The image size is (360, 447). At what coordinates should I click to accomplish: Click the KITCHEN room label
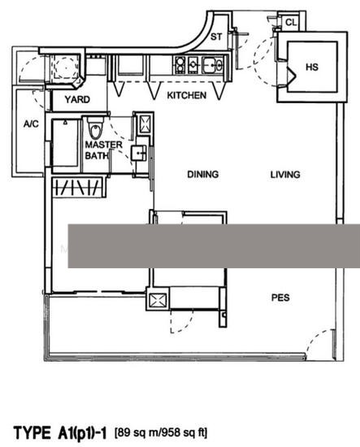coord(186,95)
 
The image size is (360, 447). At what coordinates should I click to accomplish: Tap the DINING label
coord(203,174)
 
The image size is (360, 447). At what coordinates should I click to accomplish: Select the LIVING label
coord(285,175)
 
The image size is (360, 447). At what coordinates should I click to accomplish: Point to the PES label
coord(280,297)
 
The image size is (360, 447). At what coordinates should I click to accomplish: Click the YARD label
coord(77,99)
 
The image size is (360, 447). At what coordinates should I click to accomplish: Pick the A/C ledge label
coord(31,124)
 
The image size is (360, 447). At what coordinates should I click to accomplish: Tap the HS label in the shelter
coord(312,67)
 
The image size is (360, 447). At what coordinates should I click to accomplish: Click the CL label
coord(291,22)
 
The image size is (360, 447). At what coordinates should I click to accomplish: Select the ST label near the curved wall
coord(216,37)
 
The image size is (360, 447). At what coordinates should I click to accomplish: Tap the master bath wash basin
coord(138,154)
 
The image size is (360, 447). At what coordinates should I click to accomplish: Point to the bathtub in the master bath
coord(65,143)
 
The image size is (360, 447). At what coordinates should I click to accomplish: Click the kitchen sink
coord(212,65)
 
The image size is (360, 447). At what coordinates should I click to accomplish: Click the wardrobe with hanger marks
coord(77,187)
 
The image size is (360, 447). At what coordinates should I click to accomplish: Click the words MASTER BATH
coord(103,150)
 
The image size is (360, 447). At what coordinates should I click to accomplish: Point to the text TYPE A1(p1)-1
coord(60,432)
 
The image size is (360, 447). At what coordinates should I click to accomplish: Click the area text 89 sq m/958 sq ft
coord(161,432)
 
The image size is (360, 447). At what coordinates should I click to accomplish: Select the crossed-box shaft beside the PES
coord(158,300)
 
